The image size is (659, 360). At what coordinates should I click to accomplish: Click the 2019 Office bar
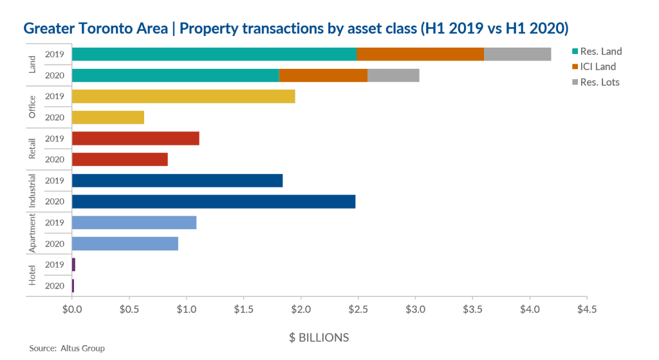click(x=183, y=97)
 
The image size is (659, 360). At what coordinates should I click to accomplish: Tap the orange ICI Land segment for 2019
click(x=420, y=54)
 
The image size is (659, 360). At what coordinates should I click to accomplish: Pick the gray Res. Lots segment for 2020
click(x=393, y=75)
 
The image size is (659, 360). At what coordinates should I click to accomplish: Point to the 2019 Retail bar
click(x=136, y=138)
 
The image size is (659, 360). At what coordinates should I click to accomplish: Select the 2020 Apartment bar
click(x=125, y=243)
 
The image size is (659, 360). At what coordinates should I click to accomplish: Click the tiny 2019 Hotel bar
click(x=73, y=265)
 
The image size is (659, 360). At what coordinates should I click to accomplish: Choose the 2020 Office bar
click(x=108, y=117)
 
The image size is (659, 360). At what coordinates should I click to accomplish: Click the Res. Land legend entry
click(x=600, y=52)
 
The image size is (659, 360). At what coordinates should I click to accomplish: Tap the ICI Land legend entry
click(x=597, y=66)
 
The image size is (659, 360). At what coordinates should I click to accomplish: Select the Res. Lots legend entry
click(x=599, y=82)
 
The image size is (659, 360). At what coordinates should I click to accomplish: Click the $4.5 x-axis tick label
click(x=586, y=309)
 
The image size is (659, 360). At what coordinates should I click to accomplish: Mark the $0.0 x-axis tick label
click(x=72, y=309)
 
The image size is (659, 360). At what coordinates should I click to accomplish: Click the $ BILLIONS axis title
click(x=319, y=337)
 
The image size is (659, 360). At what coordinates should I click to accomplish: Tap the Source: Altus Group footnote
click(x=67, y=348)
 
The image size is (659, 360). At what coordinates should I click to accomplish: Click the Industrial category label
click(x=33, y=191)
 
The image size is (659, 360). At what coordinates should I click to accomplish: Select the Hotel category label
click(x=33, y=275)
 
